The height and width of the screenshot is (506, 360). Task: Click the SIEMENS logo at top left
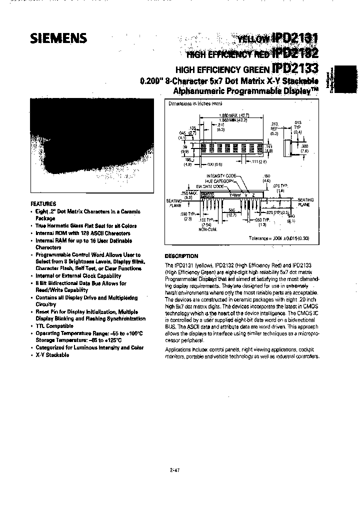coord(59,38)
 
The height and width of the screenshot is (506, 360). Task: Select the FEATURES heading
coord(43,204)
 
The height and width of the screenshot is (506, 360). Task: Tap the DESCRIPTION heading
coord(181,255)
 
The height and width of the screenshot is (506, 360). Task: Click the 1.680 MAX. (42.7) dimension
coord(234,115)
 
